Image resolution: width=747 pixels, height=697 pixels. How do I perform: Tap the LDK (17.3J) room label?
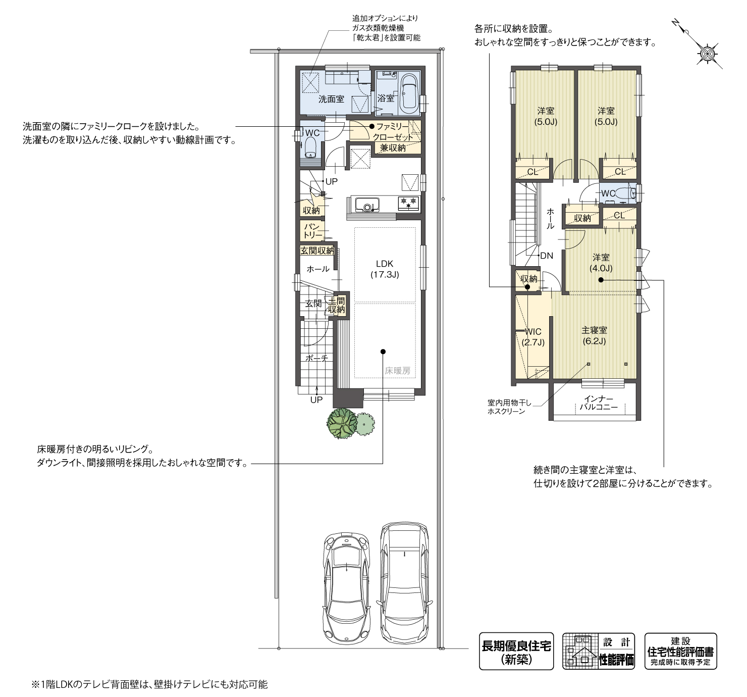pos(385,269)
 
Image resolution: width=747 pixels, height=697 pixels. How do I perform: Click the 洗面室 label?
pos(331,99)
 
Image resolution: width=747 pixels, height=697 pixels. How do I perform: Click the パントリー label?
pos(312,230)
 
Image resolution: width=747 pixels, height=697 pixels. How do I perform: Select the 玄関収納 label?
pos(316,250)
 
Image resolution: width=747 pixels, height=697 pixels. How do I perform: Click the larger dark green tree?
pos(342,423)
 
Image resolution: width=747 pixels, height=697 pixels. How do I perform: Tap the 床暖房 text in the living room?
pos(397,371)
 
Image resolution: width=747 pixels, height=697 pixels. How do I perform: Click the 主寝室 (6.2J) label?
pos(594,335)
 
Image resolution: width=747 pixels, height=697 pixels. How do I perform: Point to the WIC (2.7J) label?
pos(533,337)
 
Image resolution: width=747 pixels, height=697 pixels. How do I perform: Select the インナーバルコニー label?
pos(599,403)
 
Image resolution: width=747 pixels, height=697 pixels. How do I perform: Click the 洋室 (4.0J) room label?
pos(601,263)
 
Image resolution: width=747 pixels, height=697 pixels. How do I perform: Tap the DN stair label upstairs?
pos(547,256)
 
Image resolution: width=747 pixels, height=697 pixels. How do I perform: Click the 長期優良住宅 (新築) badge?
pos(516,651)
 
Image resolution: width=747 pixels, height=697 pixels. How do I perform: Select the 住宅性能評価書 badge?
pos(680,651)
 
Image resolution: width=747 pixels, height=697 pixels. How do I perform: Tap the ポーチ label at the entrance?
pos(316,358)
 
